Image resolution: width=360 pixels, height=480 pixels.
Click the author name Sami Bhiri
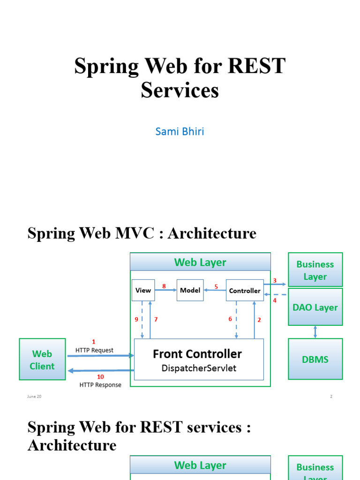[x=180, y=131]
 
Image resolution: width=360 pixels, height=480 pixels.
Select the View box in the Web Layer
[x=143, y=291]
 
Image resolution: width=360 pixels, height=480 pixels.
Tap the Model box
[x=190, y=291]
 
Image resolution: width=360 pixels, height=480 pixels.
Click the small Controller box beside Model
[x=244, y=291]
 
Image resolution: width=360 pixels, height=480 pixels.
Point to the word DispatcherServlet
[x=199, y=368]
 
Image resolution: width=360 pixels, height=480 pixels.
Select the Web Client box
[x=42, y=360]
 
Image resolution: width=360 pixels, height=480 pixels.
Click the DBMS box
[x=315, y=360]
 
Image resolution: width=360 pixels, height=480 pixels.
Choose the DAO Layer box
[x=315, y=307]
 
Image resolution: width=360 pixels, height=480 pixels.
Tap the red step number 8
[x=164, y=286]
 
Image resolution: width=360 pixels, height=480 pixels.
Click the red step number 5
[x=216, y=286]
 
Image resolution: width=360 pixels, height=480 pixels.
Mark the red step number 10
[x=100, y=377]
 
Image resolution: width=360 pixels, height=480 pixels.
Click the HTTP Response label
[x=100, y=385]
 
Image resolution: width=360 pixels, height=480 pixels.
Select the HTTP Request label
[x=94, y=350]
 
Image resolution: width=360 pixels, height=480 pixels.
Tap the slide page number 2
[x=331, y=397]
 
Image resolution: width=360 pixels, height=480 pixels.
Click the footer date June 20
[x=34, y=397]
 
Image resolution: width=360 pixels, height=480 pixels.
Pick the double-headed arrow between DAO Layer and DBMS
[x=315, y=332]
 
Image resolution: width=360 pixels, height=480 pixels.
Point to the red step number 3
[x=275, y=281]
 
